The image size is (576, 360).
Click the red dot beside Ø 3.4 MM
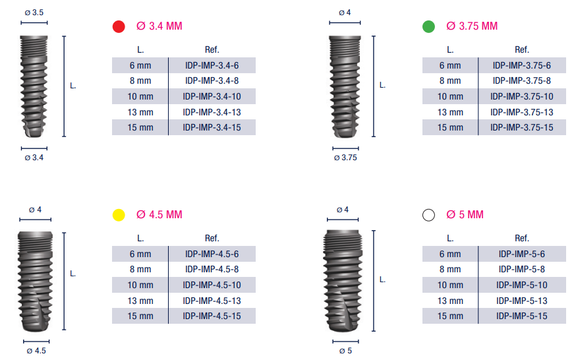pyautogui.click(x=119, y=26)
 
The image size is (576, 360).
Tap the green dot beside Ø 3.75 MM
pyautogui.click(x=428, y=26)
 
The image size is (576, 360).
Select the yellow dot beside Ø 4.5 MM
pyautogui.click(x=119, y=215)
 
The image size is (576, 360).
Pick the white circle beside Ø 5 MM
pyautogui.click(x=428, y=215)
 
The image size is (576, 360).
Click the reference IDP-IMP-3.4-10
pyautogui.click(x=212, y=96)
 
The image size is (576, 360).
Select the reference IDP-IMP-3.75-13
pyautogui.click(x=522, y=112)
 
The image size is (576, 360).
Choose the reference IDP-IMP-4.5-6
pyautogui.click(x=212, y=254)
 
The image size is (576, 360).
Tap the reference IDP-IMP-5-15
pyautogui.click(x=522, y=316)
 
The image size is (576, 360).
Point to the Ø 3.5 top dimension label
pyautogui.click(x=34, y=13)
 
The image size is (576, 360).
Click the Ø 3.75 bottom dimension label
pyautogui.click(x=345, y=158)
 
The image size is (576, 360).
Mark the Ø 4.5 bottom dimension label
pyautogui.click(x=36, y=351)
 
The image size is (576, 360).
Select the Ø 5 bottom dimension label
pyautogui.click(x=345, y=351)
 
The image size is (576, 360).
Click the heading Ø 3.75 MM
pyautogui.click(x=472, y=26)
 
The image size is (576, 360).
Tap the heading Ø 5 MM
pyautogui.click(x=465, y=215)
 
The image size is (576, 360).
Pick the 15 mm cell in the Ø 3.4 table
pyautogui.click(x=140, y=128)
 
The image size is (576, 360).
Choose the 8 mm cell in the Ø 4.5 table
pyautogui.click(x=140, y=269)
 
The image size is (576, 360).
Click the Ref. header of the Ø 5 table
pyautogui.click(x=522, y=238)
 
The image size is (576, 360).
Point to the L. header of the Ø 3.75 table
pyautogui.click(x=450, y=49)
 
